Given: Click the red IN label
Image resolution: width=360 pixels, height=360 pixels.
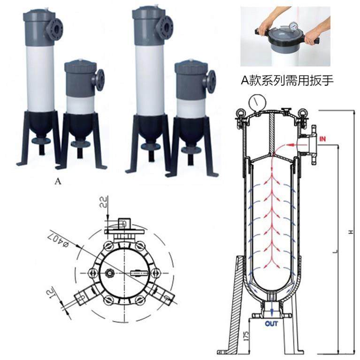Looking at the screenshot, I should (323, 139).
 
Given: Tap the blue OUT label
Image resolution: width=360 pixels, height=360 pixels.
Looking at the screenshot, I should (271, 324).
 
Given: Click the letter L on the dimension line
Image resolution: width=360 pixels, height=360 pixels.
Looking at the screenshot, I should (335, 251).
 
